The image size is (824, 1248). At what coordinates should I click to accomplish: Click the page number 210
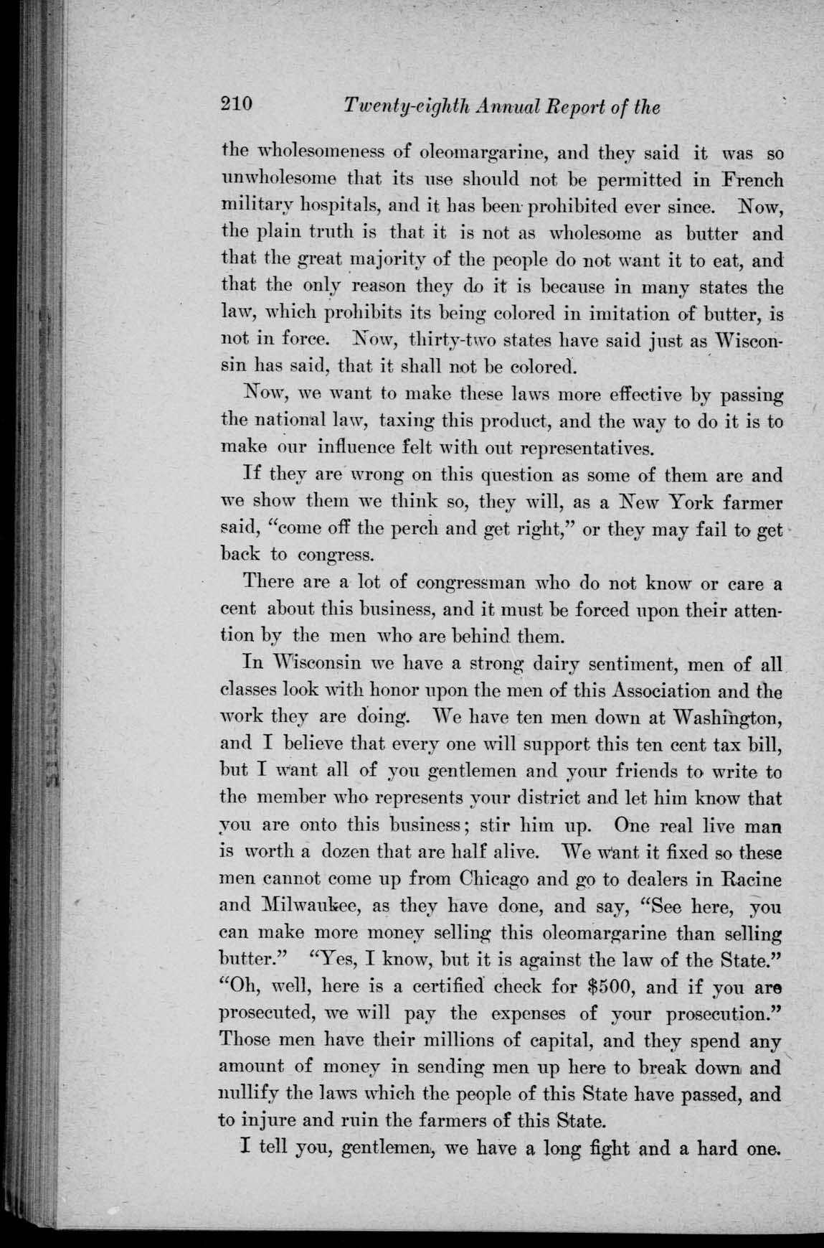(x=237, y=105)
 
